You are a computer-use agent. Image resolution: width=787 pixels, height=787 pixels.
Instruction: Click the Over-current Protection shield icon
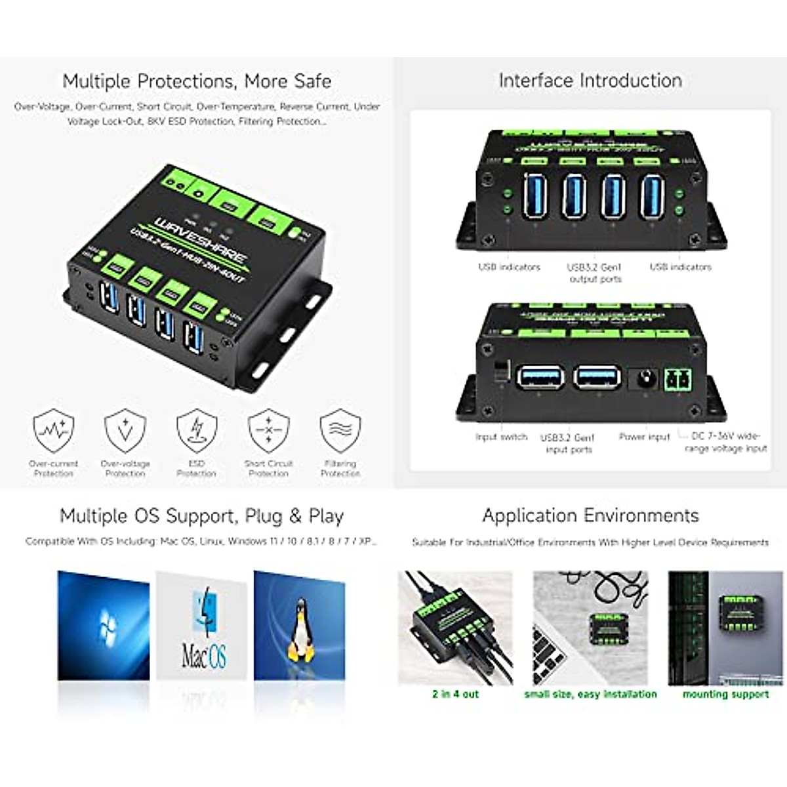pos(54,432)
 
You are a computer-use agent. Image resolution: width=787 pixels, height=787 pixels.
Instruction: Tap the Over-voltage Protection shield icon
pos(125,432)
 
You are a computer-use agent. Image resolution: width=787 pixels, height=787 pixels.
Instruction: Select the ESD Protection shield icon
pos(196,432)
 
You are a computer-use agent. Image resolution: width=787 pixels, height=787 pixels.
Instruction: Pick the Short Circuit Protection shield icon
pos(268,432)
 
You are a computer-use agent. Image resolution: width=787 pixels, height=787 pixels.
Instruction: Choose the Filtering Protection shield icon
pos(340,432)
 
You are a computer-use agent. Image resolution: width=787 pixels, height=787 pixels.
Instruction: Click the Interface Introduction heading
pos(590,81)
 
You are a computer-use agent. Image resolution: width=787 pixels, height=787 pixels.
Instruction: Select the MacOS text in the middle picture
pos(204,655)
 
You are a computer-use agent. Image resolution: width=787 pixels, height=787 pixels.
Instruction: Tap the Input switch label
pos(501,437)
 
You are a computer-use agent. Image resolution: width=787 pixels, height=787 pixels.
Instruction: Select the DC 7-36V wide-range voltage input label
pos(725,442)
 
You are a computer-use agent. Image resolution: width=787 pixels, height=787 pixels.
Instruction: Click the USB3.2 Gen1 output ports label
pos(594,273)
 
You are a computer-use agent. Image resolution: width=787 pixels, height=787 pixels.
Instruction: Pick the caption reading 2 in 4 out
pos(455,694)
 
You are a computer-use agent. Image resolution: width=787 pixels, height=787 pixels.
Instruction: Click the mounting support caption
pos(725,694)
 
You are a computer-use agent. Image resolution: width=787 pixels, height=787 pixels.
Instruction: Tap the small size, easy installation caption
pos(590,694)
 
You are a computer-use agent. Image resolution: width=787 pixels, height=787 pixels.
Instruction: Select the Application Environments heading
pos(590,515)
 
